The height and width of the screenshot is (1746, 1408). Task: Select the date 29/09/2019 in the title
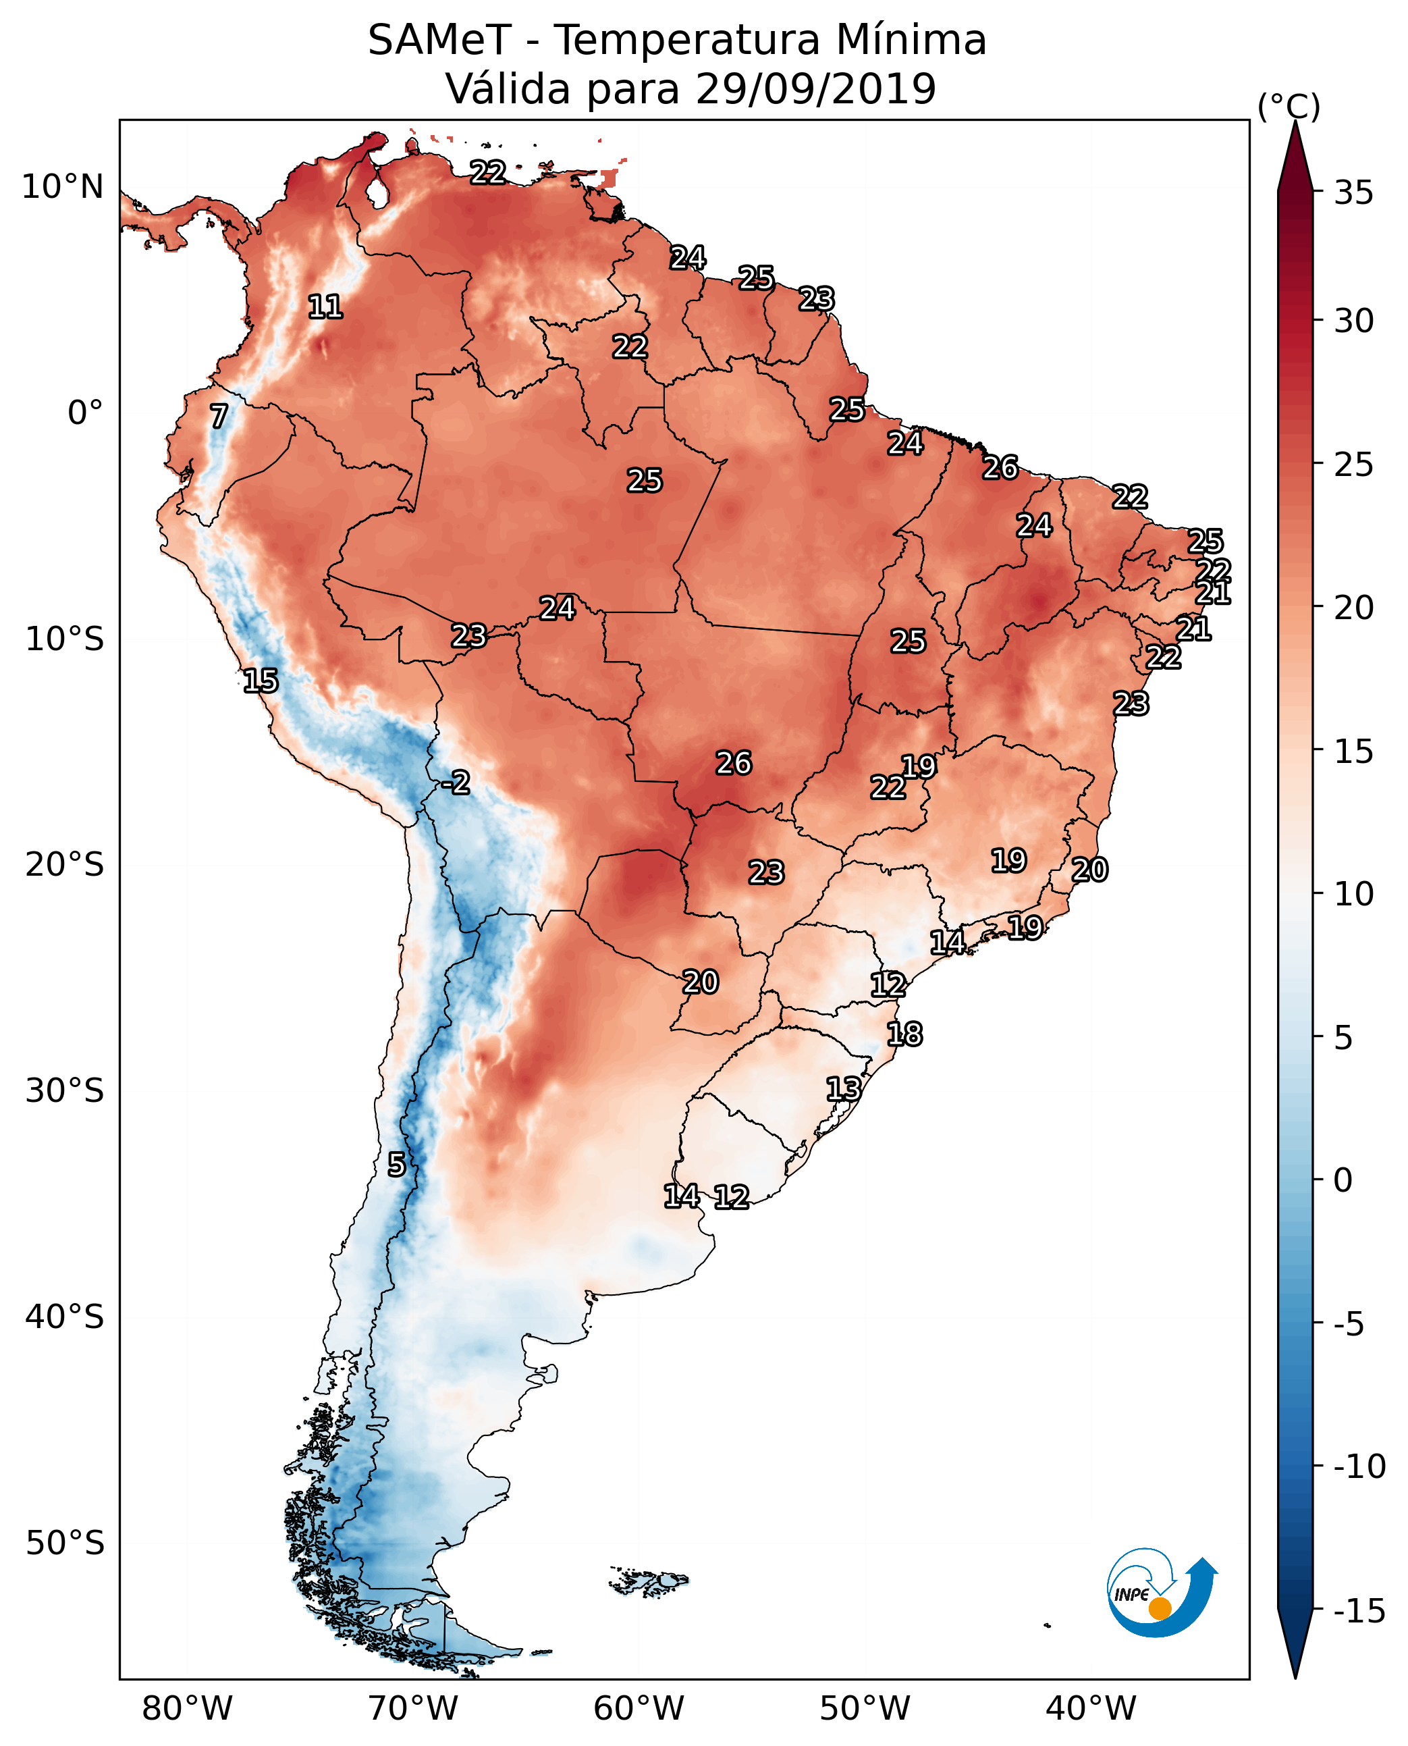pyautogui.click(x=815, y=89)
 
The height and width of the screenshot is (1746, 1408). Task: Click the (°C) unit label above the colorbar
pyautogui.click(x=1288, y=106)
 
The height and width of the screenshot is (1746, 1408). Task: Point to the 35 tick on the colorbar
pyautogui.click(x=1353, y=193)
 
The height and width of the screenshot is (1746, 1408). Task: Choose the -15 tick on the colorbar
pyautogui.click(x=1359, y=1610)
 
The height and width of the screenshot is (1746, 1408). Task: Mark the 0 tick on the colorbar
pyautogui.click(x=1343, y=1180)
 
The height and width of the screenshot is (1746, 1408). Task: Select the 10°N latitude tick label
pyautogui.click(x=63, y=188)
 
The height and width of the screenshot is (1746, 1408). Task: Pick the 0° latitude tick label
pyautogui.click(x=85, y=413)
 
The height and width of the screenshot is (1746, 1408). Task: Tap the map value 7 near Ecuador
pyautogui.click(x=219, y=416)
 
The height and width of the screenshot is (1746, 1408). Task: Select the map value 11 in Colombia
pyautogui.click(x=325, y=307)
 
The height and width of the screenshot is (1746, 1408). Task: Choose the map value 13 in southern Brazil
pyautogui.click(x=844, y=1089)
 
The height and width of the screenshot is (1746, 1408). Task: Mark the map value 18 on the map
pyautogui.click(x=904, y=1034)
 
